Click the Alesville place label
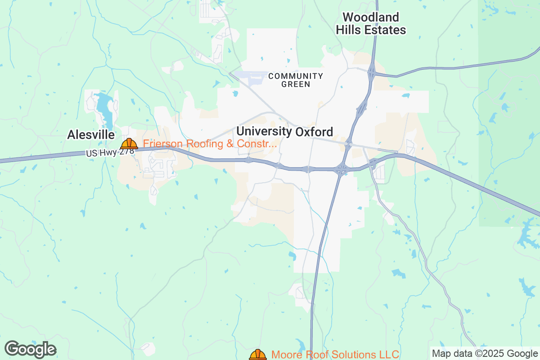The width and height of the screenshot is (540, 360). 91,135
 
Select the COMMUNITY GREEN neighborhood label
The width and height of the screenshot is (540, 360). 295,80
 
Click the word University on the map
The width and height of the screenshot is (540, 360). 264,131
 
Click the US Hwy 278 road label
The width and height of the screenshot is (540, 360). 110,153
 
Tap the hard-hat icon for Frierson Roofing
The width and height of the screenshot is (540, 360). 129,144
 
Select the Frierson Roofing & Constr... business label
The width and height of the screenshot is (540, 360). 210,144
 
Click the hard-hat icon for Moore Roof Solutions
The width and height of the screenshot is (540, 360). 258,355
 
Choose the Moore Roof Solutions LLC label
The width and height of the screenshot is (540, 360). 335,355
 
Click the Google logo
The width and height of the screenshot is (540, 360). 30,349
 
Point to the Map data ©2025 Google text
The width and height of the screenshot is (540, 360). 485,353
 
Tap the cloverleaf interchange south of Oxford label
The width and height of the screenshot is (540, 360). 342,170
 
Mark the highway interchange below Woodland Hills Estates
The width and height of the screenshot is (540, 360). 372,71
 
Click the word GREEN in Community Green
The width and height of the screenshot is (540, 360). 296,84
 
